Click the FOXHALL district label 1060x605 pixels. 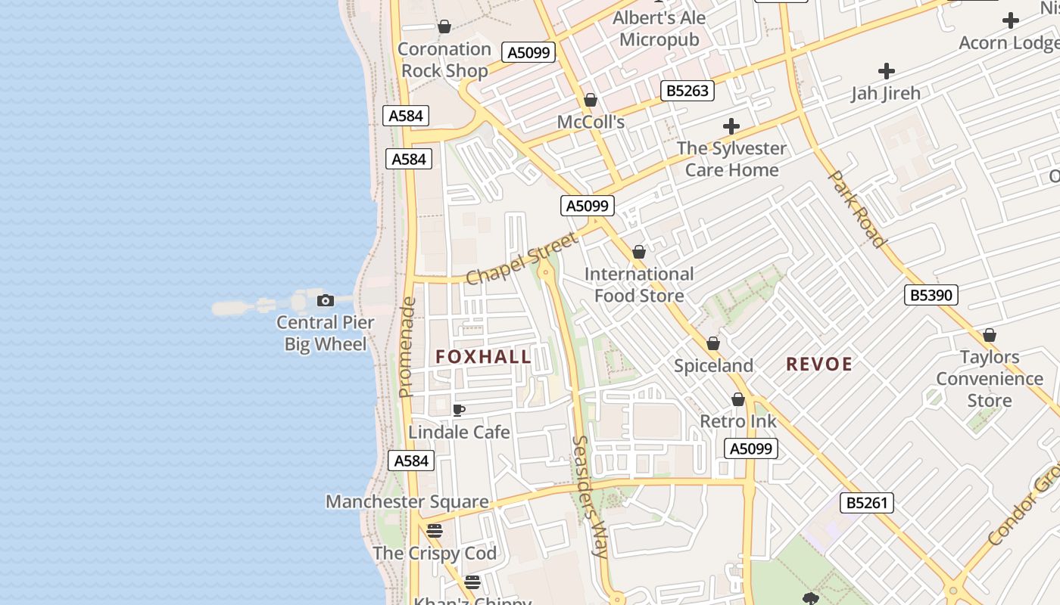(483, 357)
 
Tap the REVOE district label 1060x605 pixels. (819, 365)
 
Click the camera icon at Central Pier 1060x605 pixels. (325, 301)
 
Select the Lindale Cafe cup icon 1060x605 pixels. (458, 411)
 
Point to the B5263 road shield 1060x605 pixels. (687, 91)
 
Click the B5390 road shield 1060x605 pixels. (931, 295)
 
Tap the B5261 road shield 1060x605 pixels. (866, 503)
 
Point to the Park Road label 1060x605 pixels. (857, 209)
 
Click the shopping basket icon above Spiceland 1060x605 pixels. (712, 344)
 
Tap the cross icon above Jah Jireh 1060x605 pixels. (886, 72)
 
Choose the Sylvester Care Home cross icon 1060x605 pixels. (731, 126)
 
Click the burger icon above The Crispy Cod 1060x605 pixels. (434, 531)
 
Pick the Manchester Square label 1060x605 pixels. (407, 501)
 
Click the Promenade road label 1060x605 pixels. (407, 346)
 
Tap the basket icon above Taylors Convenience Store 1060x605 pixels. (989, 335)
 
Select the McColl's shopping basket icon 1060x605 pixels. (591, 101)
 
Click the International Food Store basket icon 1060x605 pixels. (639, 252)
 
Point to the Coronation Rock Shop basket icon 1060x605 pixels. (444, 27)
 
